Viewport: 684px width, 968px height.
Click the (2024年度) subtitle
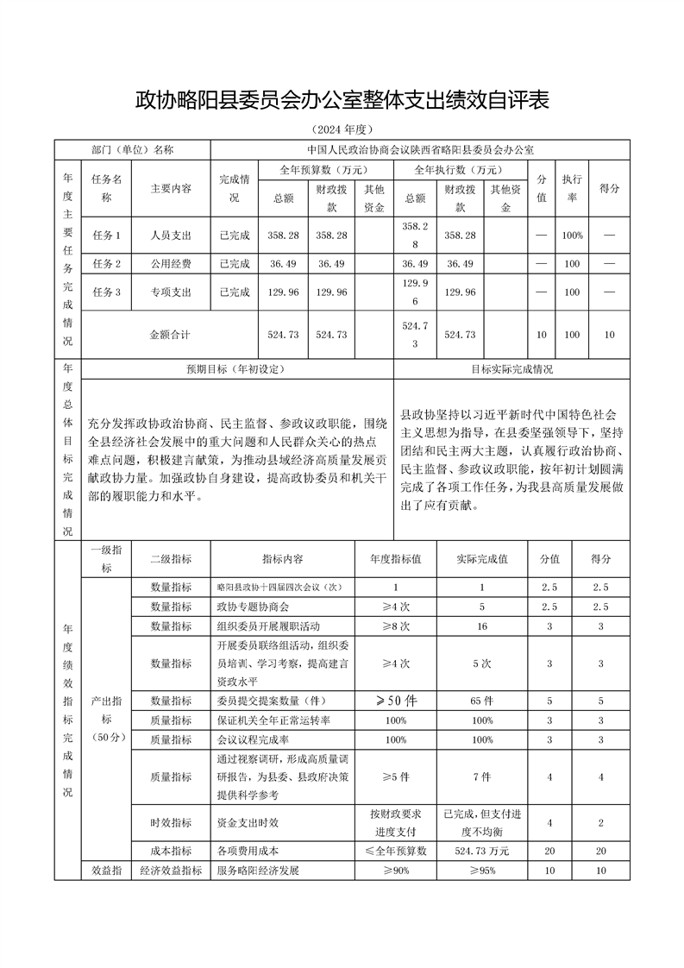(342, 130)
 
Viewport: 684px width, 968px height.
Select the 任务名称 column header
(107, 188)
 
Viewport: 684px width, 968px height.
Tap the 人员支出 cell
(171, 235)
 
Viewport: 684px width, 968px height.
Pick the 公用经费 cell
(171, 263)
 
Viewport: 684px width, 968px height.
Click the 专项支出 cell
(171, 292)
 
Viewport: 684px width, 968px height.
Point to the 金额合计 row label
(171, 333)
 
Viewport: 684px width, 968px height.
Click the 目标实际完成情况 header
(511, 368)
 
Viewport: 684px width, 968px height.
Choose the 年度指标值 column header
(396, 558)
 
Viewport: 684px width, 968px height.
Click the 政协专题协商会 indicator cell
(254, 606)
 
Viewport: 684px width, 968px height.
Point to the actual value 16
(482, 625)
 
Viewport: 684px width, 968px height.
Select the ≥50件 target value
(396, 701)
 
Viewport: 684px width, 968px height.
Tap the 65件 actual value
(482, 701)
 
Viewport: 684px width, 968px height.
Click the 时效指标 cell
(171, 823)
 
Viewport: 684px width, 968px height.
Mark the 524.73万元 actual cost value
(482, 851)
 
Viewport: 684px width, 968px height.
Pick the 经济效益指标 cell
(171, 871)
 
